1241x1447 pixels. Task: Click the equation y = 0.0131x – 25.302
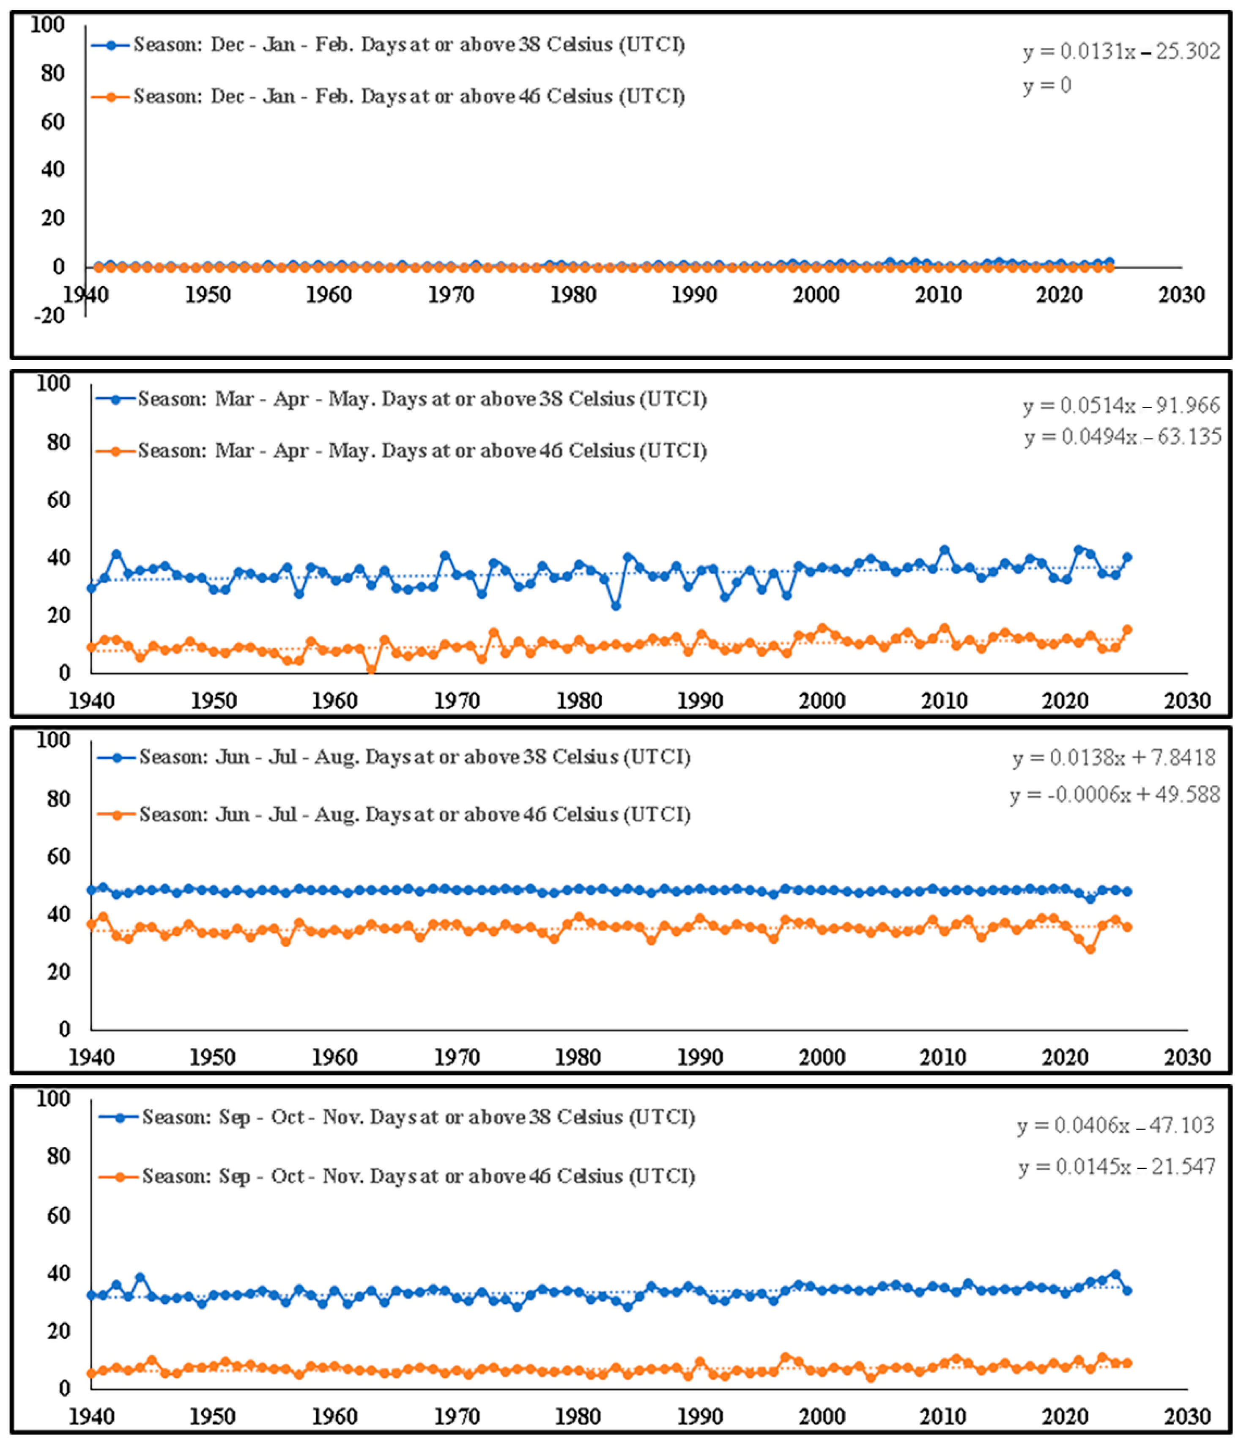(1121, 51)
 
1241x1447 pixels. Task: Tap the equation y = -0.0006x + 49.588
(1115, 794)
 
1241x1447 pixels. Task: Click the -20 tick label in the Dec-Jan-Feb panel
(49, 315)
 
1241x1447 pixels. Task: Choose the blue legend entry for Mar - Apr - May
(402, 399)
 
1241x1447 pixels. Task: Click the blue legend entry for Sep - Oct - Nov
(397, 1117)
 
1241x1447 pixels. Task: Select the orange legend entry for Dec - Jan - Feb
(388, 96)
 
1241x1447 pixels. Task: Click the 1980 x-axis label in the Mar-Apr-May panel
(579, 700)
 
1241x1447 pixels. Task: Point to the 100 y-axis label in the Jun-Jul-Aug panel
(53, 740)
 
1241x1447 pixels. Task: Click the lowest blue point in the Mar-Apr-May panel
(615, 606)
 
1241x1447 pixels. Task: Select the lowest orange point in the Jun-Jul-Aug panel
(1090, 949)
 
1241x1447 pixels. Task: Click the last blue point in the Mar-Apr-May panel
(1126, 557)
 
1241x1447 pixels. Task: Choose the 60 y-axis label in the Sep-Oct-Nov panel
(59, 1216)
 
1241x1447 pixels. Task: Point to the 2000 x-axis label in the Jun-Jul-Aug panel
(822, 1057)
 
